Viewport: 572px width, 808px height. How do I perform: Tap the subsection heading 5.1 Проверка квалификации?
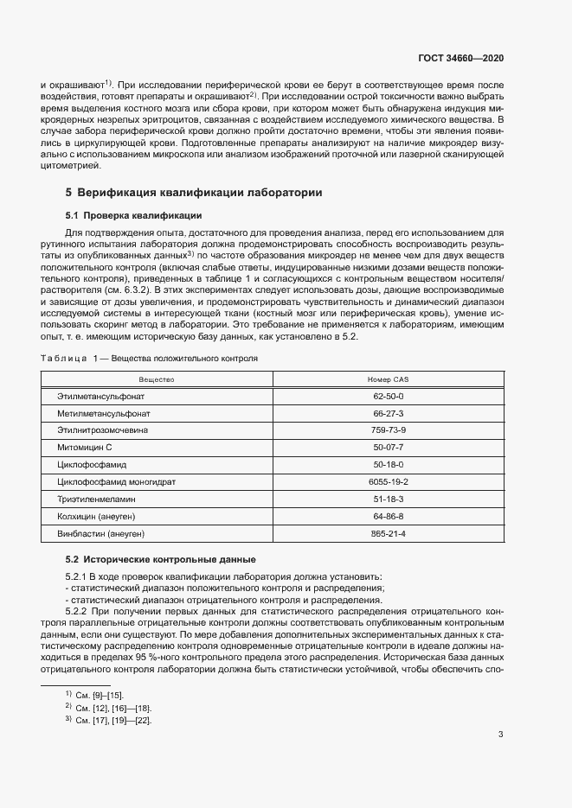pyautogui.click(x=134, y=215)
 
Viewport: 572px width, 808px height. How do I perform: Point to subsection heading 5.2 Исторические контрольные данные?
pyautogui.click(x=160, y=558)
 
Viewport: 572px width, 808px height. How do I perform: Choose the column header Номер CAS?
pyautogui.click(x=388, y=379)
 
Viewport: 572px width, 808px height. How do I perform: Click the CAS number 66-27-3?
pyautogui.click(x=388, y=413)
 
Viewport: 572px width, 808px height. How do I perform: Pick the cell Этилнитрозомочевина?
pyautogui.click(x=102, y=430)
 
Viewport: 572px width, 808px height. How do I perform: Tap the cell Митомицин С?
pyautogui.click(x=85, y=448)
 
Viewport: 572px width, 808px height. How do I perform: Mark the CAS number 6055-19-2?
pyautogui.click(x=388, y=481)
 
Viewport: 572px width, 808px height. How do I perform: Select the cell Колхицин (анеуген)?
pyautogui.click(x=97, y=516)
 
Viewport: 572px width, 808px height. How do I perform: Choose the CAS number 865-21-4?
pyautogui.click(x=388, y=533)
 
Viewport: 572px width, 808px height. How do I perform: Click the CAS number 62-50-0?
pyautogui.click(x=388, y=396)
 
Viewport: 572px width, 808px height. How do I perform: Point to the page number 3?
pyautogui.click(x=501, y=735)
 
